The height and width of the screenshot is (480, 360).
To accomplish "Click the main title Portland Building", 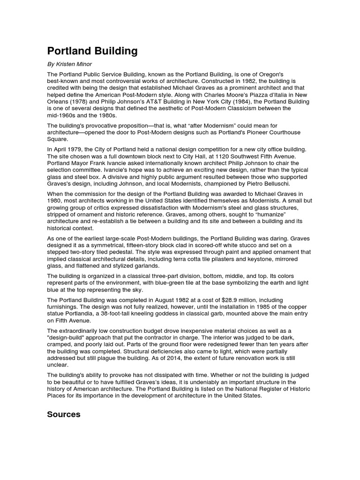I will tap(92, 51).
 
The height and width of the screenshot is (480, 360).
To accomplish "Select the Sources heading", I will tap(64, 414).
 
